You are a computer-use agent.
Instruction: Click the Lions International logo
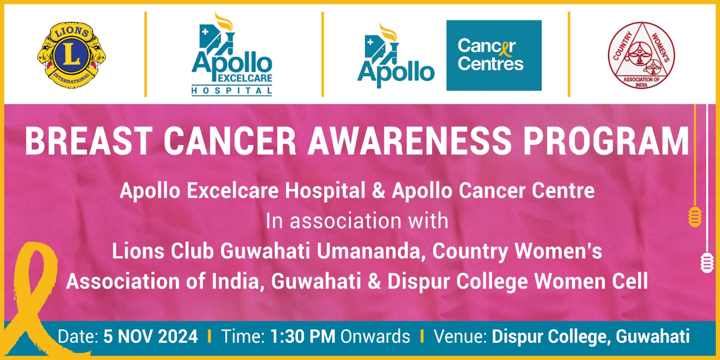click(72, 55)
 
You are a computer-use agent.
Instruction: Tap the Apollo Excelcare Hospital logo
click(232, 54)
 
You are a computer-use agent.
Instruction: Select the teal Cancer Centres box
click(494, 55)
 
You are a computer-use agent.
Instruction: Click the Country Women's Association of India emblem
click(641, 55)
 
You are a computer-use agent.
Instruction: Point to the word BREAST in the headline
click(89, 141)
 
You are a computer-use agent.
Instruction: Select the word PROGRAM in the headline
click(606, 141)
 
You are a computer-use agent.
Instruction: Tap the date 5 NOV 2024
click(150, 337)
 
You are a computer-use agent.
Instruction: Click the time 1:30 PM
click(303, 337)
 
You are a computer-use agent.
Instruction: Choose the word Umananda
click(369, 251)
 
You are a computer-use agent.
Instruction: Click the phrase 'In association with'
click(357, 221)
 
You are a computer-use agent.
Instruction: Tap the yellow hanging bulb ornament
click(695, 216)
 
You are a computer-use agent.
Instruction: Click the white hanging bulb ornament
click(707, 263)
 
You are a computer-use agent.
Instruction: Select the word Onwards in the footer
click(375, 337)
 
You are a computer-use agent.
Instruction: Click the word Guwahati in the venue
click(652, 337)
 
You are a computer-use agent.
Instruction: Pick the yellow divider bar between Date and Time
click(210, 336)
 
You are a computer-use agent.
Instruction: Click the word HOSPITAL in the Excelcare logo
click(232, 91)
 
